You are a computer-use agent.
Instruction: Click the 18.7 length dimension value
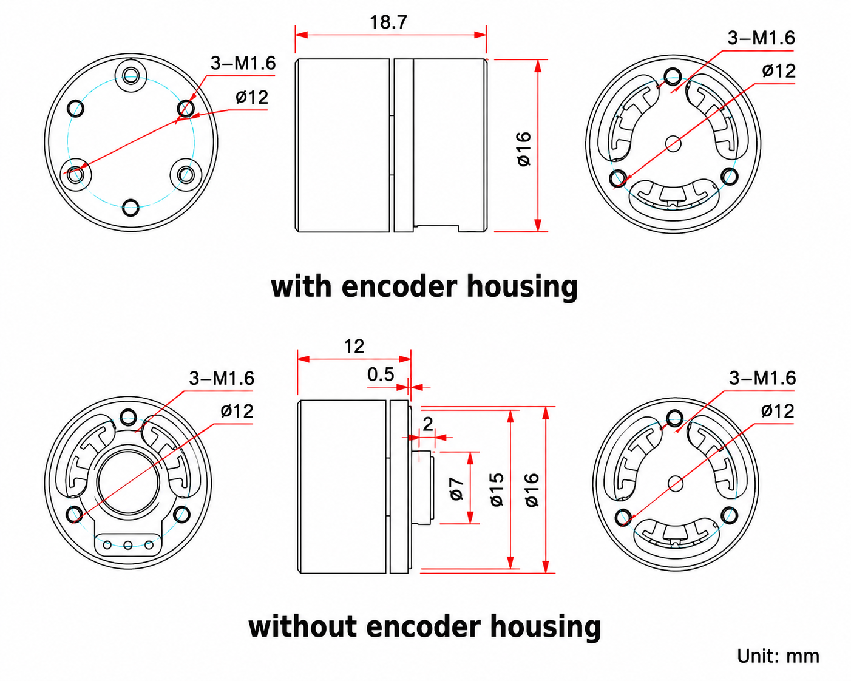[x=388, y=22]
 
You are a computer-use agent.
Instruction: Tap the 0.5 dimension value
[x=381, y=374]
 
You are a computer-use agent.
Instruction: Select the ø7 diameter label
[x=456, y=488]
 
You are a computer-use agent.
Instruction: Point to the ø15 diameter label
[x=497, y=489]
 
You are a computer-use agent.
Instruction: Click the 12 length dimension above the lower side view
[x=354, y=347]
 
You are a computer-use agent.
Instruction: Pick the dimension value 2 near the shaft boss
[x=428, y=425]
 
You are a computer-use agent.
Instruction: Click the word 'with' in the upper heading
[x=301, y=286]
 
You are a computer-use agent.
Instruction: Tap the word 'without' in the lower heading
[x=302, y=627]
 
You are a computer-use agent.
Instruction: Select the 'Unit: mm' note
[x=778, y=657]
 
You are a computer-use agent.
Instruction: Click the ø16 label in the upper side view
[x=524, y=149]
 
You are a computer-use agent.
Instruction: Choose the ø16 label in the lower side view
[x=532, y=490]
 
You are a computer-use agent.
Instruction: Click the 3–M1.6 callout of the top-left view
[x=243, y=63]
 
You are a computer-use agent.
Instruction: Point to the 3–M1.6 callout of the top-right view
[x=761, y=38]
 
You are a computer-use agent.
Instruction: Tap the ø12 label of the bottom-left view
[x=237, y=412]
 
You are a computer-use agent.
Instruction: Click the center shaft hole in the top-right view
[x=673, y=144]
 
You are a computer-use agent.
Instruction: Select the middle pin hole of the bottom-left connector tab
[x=127, y=546]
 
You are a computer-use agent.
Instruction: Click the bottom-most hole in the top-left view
[x=131, y=207]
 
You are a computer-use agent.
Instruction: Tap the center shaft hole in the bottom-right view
[x=676, y=483]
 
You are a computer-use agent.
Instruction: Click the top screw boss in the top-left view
[x=131, y=74]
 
